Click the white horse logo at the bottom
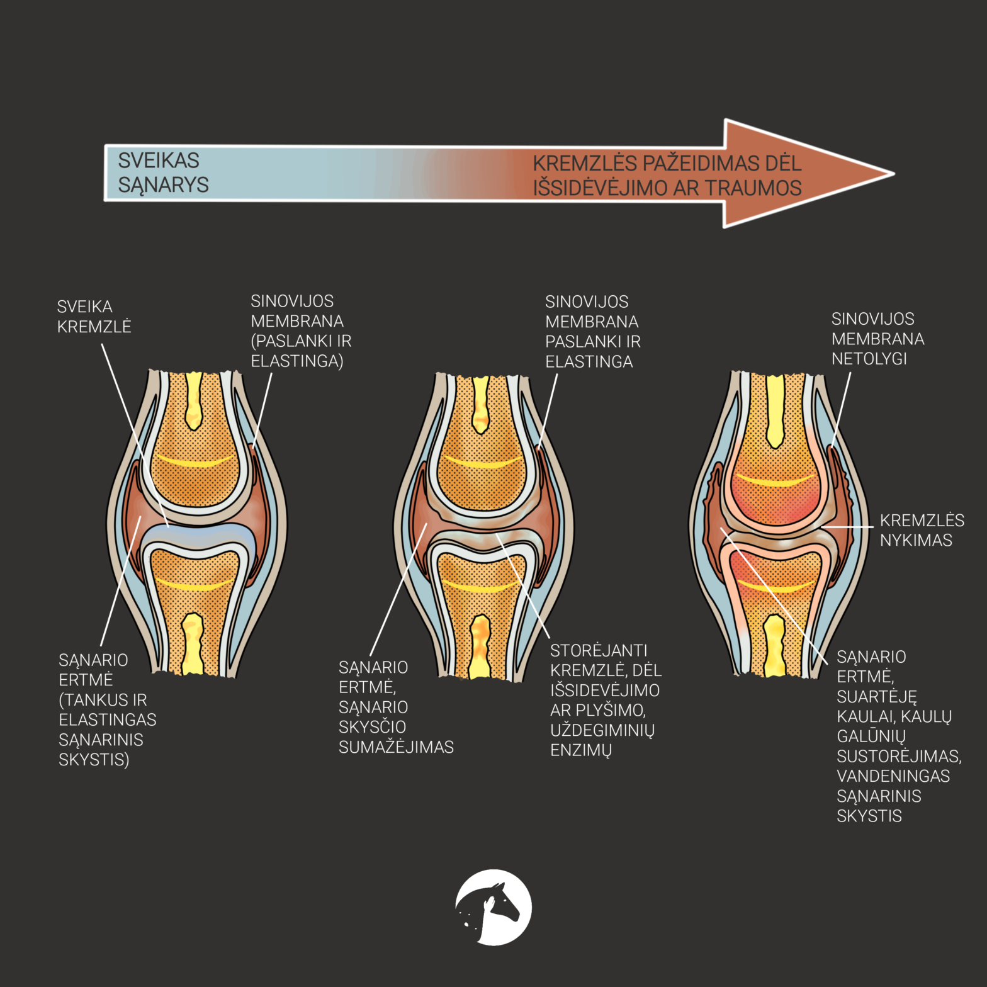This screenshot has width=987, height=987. pyautogui.click(x=493, y=907)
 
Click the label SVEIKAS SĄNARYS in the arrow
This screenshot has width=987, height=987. pyautogui.click(x=163, y=172)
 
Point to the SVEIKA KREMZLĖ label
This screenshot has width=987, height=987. pyautogui.click(x=94, y=317)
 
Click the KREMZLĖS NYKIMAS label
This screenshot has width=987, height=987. pyautogui.click(x=921, y=530)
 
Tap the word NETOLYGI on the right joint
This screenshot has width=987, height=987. pyautogui.click(x=869, y=359)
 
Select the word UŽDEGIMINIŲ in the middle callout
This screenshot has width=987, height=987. pyautogui.click(x=602, y=730)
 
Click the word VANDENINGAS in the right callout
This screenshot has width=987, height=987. pyautogui.click(x=893, y=776)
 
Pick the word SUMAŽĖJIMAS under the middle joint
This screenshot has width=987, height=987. pyautogui.click(x=396, y=747)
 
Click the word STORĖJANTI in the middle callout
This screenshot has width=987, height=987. pyautogui.click(x=598, y=650)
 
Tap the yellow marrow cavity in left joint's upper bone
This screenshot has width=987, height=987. pyautogui.click(x=193, y=400)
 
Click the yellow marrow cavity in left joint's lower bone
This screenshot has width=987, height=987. pyautogui.click(x=193, y=642)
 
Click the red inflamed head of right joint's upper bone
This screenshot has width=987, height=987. pyautogui.click(x=775, y=497)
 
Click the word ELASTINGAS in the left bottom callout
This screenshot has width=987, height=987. pyautogui.click(x=107, y=719)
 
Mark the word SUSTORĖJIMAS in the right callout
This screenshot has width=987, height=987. pyautogui.click(x=898, y=756)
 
